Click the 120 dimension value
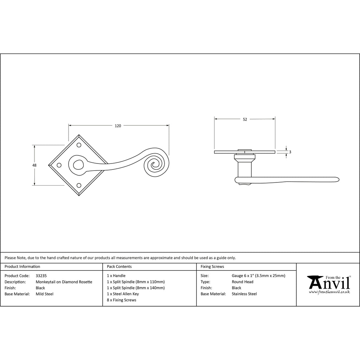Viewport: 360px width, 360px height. [x=118, y=126]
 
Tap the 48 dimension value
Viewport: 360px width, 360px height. [x=34, y=165]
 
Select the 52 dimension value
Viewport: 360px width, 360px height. [x=245, y=120]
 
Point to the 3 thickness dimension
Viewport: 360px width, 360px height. [x=290, y=152]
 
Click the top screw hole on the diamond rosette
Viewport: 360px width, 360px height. [x=79, y=145]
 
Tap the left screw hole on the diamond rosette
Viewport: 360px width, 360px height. [x=59, y=165]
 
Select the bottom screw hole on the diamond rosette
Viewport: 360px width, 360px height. [x=79, y=185]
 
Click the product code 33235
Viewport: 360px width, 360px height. [x=41, y=276]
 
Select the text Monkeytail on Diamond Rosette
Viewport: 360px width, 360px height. [x=64, y=282]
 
